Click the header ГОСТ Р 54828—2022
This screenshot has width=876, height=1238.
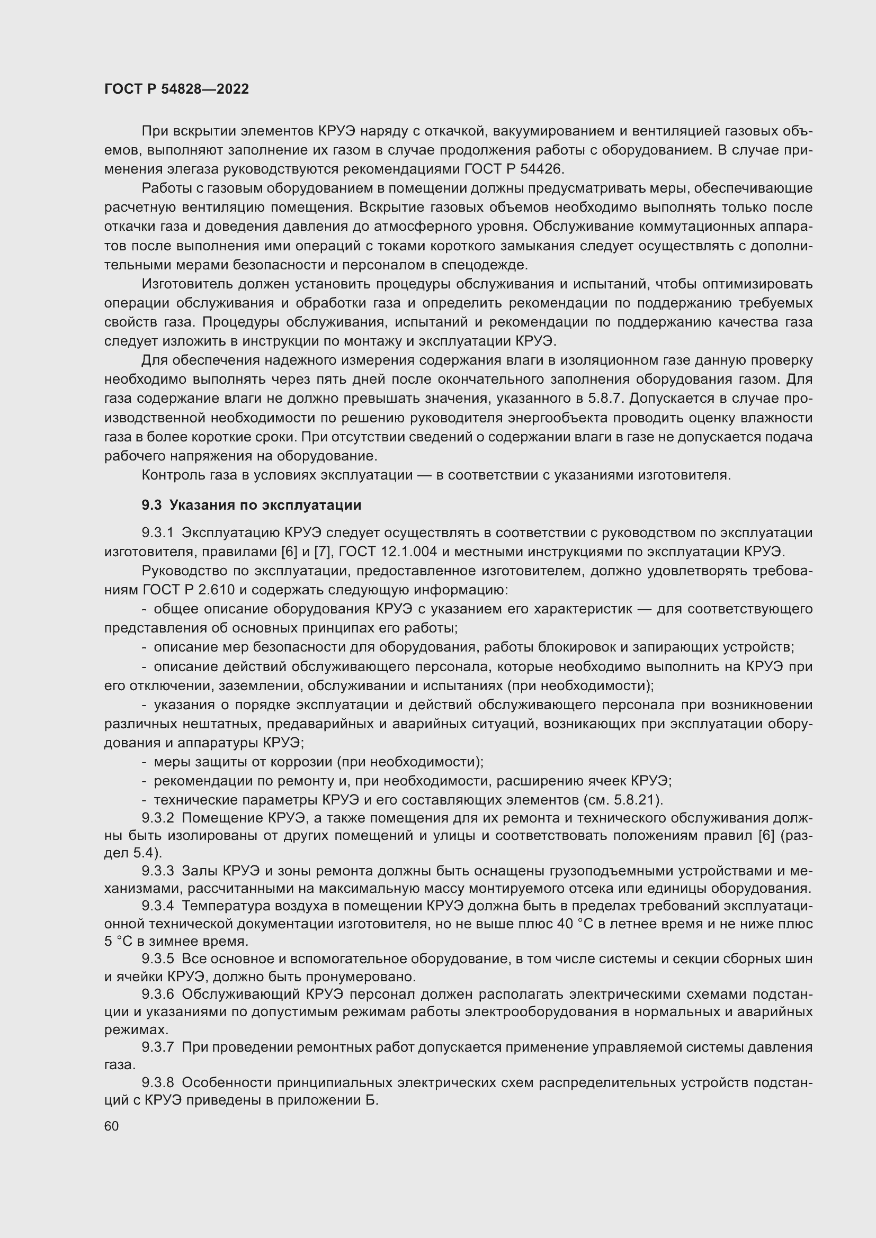(x=176, y=89)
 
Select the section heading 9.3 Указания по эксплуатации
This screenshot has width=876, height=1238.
(x=252, y=505)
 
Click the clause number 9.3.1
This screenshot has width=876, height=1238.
(x=157, y=533)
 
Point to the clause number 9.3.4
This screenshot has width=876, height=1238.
(x=157, y=906)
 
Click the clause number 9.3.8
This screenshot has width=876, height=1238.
(x=157, y=1082)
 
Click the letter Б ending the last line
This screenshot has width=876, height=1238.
(x=372, y=1100)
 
